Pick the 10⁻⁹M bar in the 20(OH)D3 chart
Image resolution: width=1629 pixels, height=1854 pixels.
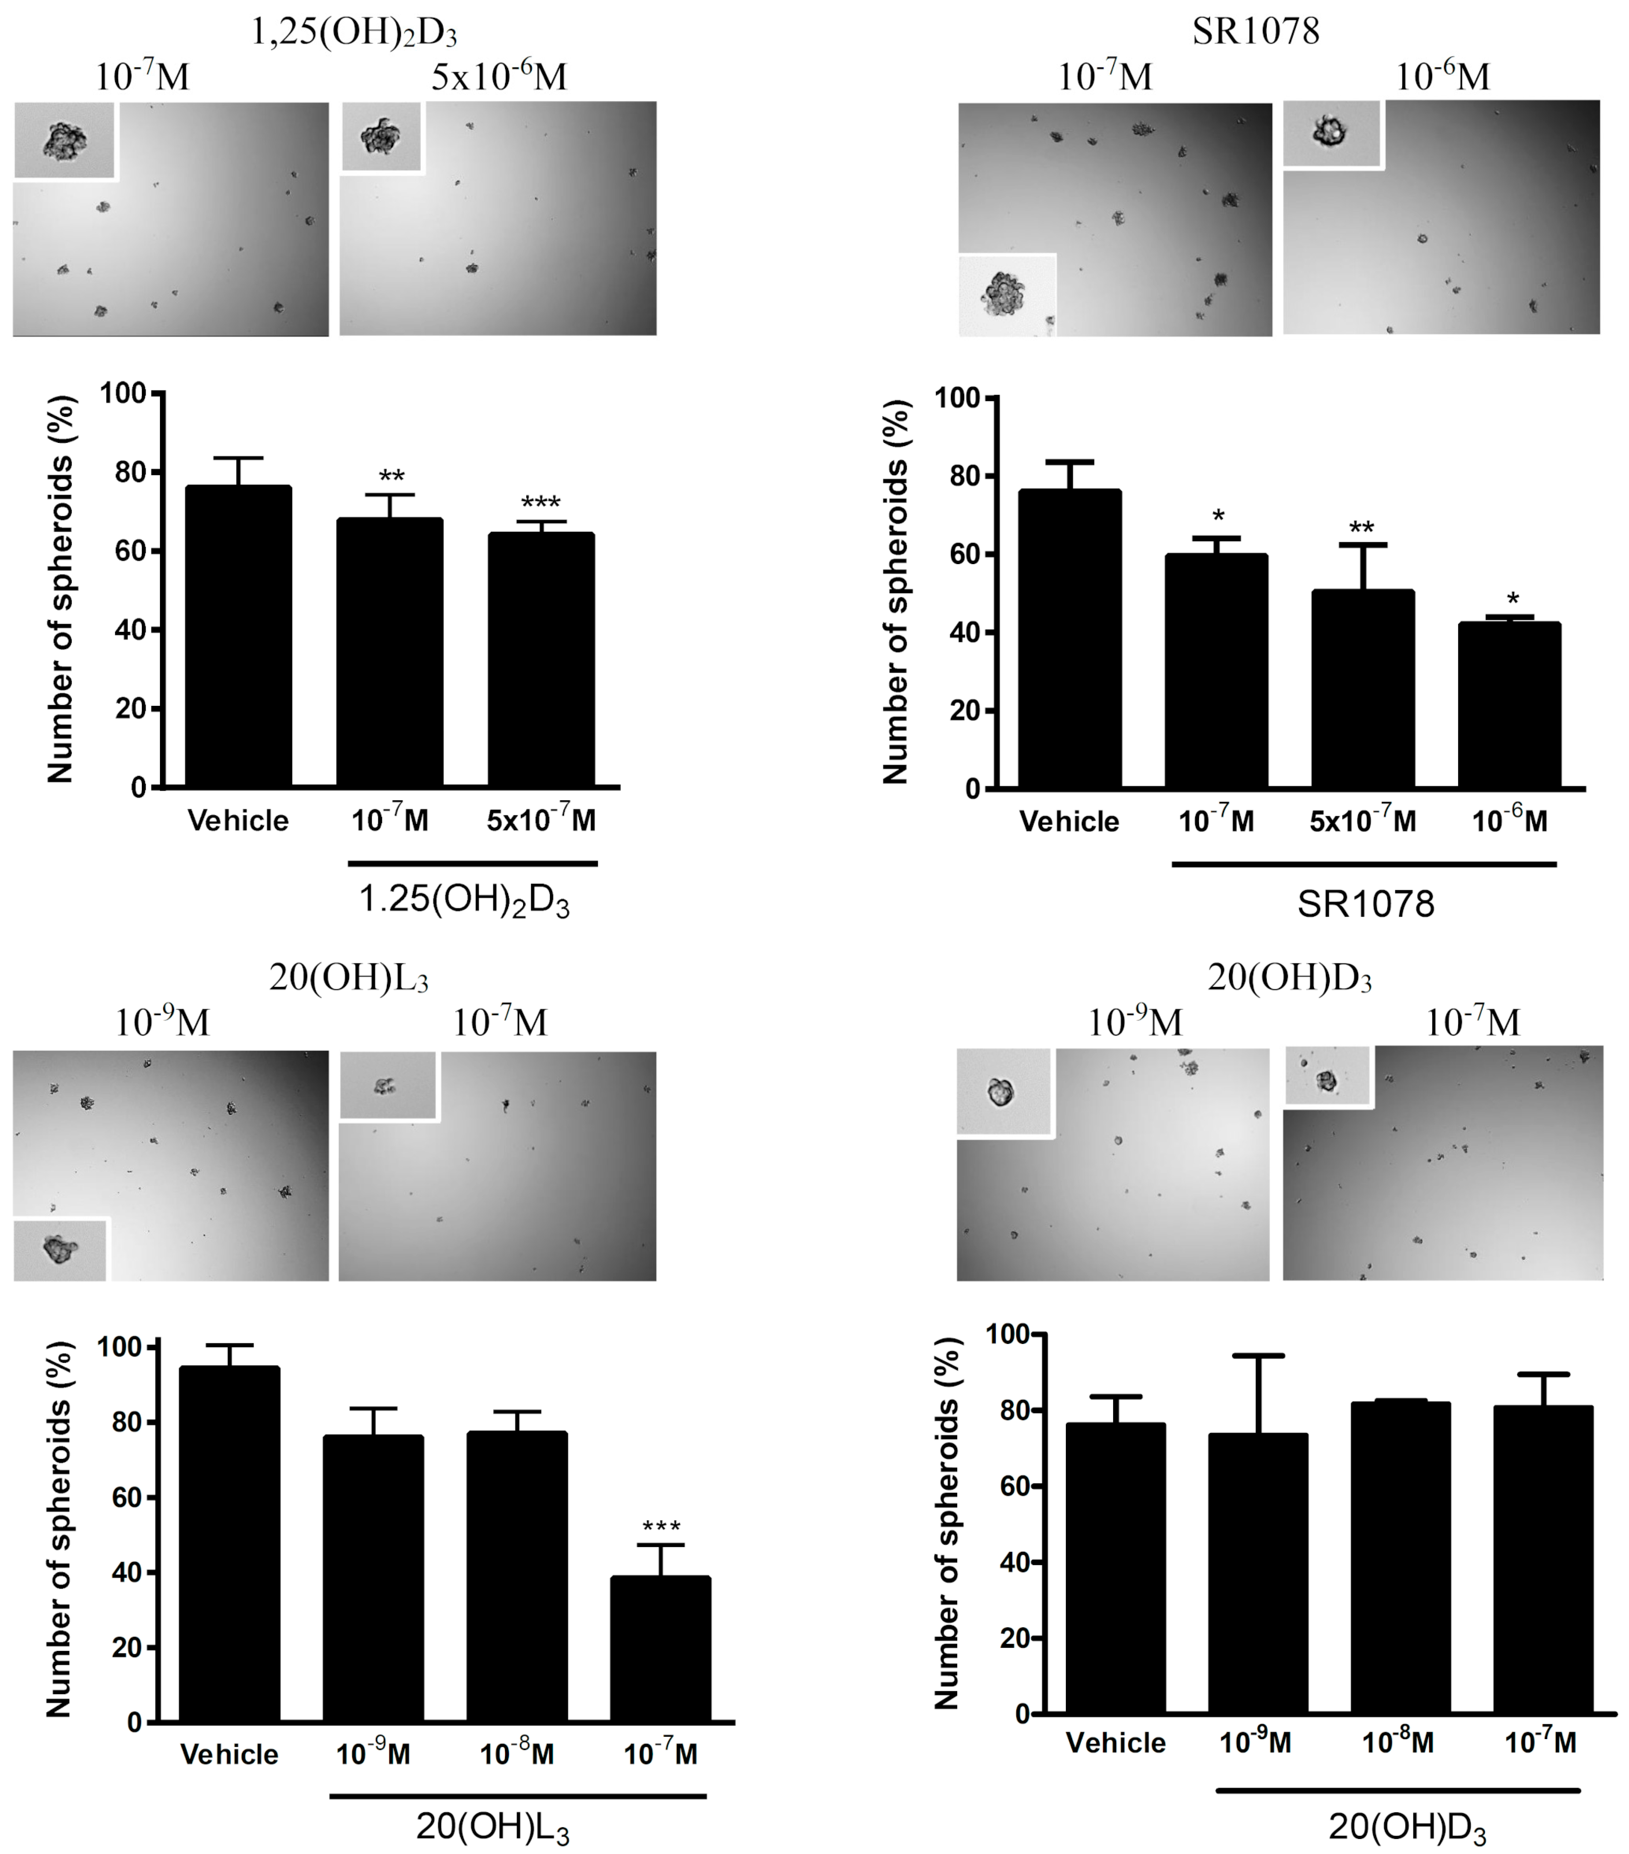(x=1258, y=1574)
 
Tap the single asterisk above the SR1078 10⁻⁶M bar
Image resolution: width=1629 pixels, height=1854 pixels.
(x=1512, y=600)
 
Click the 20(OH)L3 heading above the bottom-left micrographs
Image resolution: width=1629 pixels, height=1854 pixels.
(x=349, y=978)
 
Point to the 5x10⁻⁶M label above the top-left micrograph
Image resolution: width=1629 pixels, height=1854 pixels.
(x=498, y=77)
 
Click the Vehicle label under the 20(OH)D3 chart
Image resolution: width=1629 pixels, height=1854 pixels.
(x=1115, y=1760)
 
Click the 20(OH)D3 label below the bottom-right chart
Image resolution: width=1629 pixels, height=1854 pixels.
(x=1408, y=1825)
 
